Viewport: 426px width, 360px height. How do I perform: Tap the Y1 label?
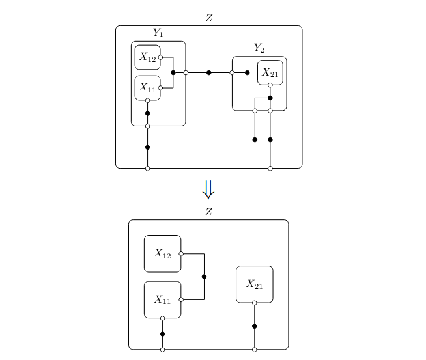coord(158,33)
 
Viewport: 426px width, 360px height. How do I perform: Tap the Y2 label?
coord(259,48)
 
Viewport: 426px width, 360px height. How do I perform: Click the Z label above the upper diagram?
coord(208,18)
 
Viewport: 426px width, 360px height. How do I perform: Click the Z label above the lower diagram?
coord(208,212)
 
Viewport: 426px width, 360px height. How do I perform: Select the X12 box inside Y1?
coord(148,57)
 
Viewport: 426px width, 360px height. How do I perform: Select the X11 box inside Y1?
coord(148,88)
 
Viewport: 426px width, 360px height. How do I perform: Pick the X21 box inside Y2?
coord(270,73)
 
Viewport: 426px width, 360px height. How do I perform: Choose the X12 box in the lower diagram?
coord(162,253)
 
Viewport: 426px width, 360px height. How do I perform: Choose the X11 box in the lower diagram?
coord(162,299)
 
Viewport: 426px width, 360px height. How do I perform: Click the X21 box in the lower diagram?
coord(254,284)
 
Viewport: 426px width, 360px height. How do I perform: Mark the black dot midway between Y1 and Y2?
coord(208,72)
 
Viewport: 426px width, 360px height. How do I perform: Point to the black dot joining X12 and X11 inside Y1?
coord(173,72)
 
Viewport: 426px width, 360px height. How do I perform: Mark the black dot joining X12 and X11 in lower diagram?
coord(205,277)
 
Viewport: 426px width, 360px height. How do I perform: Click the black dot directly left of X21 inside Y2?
coord(247,72)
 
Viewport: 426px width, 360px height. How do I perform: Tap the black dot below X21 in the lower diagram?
coord(254,326)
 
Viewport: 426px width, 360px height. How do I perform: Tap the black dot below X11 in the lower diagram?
coord(162,334)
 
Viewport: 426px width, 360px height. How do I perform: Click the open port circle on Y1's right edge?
coord(186,72)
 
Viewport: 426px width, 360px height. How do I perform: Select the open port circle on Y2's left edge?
coord(232,72)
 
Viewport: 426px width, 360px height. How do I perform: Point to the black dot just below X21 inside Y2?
coord(270,98)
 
